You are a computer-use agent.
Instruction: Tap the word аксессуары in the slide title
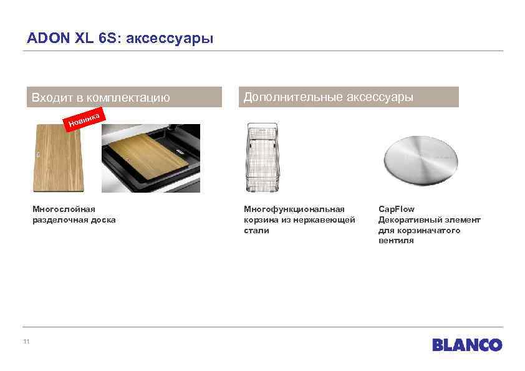tap(170, 39)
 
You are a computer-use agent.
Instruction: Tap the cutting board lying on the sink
tap(147, 155)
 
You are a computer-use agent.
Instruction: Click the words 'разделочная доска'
tap(74, 219)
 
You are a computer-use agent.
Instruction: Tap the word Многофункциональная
tap(294, 209)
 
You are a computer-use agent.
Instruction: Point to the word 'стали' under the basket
tap(256, 230)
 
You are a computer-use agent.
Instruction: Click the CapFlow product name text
tap(396, 209)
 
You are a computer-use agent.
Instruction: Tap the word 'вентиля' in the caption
tap(395, 241)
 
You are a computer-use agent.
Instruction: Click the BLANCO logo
tap(467, 345)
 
